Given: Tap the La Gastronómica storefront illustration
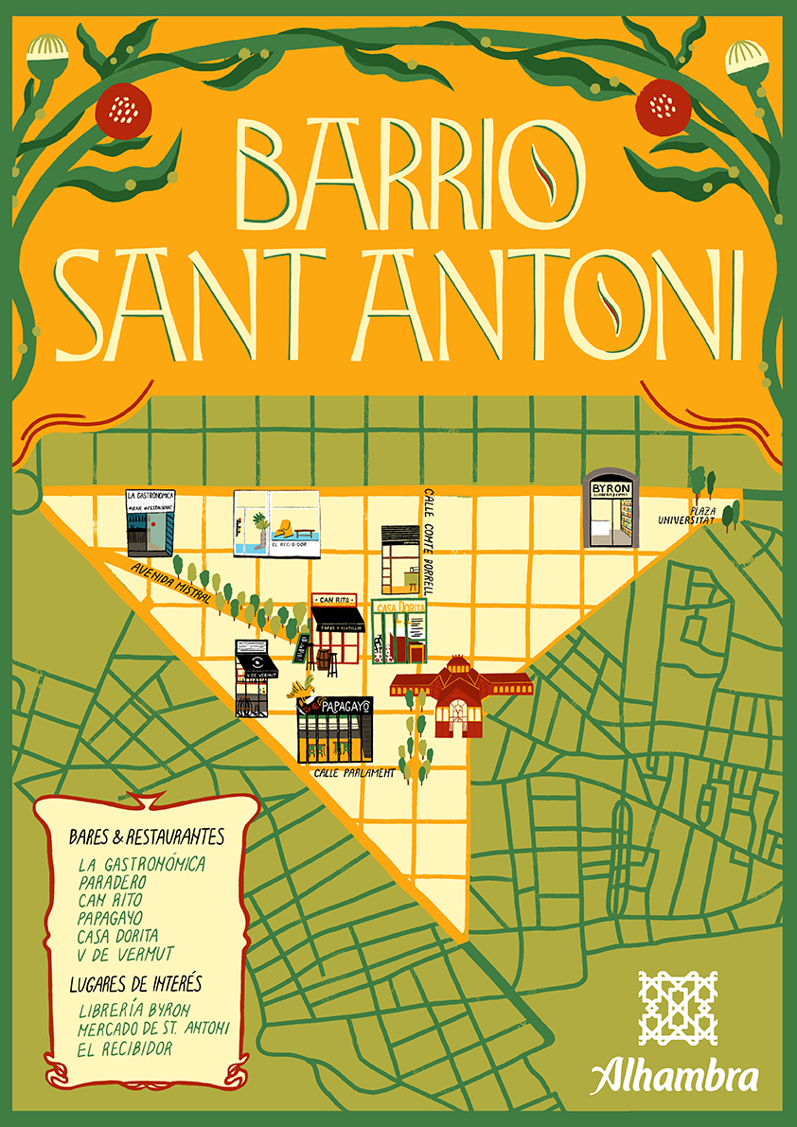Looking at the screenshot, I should click(150, 522).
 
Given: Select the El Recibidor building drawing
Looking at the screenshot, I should click(275, 523).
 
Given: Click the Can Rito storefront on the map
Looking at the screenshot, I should click(337, 628).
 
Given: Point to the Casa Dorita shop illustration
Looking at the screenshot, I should click(400, 629).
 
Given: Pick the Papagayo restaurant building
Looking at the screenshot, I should click(334, 730).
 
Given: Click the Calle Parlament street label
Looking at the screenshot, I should click(355, 772).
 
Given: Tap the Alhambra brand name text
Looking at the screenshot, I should click(674, 1077).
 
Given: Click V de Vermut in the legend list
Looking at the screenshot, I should click(127, 953).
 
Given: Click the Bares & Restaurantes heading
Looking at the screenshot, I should click(147, 837).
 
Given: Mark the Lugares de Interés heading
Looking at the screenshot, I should click(135, 985).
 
